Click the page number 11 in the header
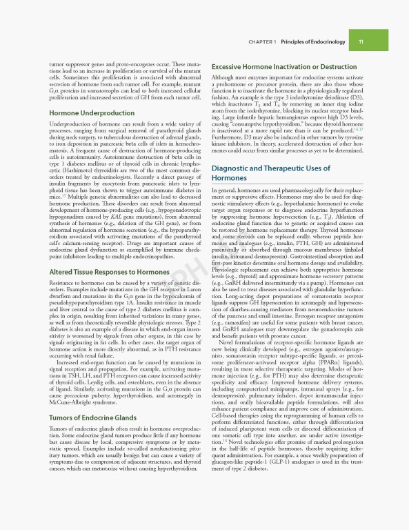pos(361,41)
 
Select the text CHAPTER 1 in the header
pos(262,41)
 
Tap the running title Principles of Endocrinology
pos(311,41)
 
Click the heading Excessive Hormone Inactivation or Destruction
pos(283,67)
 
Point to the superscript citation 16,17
pos(357,128)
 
